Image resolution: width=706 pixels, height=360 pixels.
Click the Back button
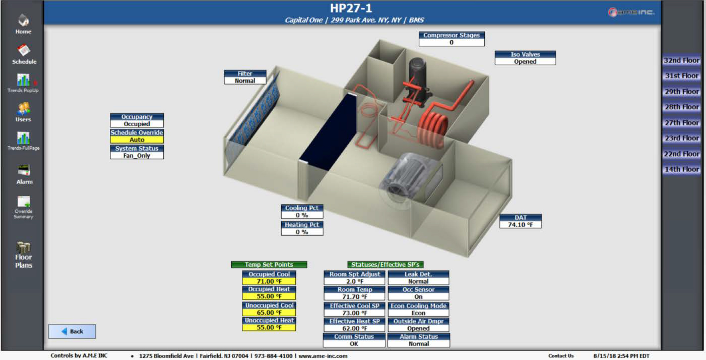[72, 331]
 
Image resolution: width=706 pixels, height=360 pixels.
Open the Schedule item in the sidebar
[24, 54]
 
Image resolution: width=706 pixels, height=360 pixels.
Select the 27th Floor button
[681, 123]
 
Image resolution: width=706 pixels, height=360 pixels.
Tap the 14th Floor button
[681, 169]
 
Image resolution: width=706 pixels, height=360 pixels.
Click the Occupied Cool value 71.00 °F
[269, 282]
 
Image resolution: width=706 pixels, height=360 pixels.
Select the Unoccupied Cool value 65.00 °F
[269, 313]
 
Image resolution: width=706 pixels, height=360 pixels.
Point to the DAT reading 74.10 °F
[521, 225]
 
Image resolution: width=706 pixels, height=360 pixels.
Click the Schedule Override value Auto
[137, 140]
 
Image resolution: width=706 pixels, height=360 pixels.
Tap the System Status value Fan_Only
[137, 156]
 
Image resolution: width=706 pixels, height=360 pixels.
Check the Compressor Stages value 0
[451, 43]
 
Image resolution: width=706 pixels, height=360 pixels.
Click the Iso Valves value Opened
[525, 62]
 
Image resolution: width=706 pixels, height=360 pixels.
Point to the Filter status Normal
[245, 81]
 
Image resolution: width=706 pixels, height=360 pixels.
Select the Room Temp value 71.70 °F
[354, 297]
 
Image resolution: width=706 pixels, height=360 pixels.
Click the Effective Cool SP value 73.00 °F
[354, 313]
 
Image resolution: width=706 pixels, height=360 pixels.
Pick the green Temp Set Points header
[269, 265]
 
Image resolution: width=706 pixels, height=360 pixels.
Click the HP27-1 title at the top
[351, 8]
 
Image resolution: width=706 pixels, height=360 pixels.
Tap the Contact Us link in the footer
[561, 356]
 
